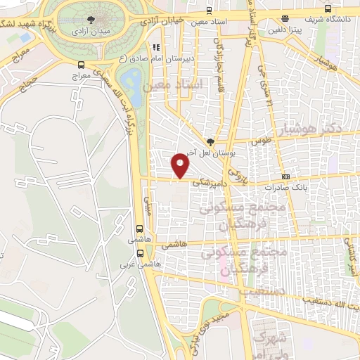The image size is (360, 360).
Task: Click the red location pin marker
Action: pyautogui.click(x=181, y=166)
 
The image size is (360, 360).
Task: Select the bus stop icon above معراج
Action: pyautogui.click(x=81, y=65)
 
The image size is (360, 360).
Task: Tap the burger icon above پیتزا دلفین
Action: pyautogui.click(x=284, y=20)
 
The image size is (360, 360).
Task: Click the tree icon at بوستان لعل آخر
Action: pyautogui.click(x=210, y=142)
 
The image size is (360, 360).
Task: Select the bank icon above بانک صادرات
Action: pyautogui.click(x=285, y=176)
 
